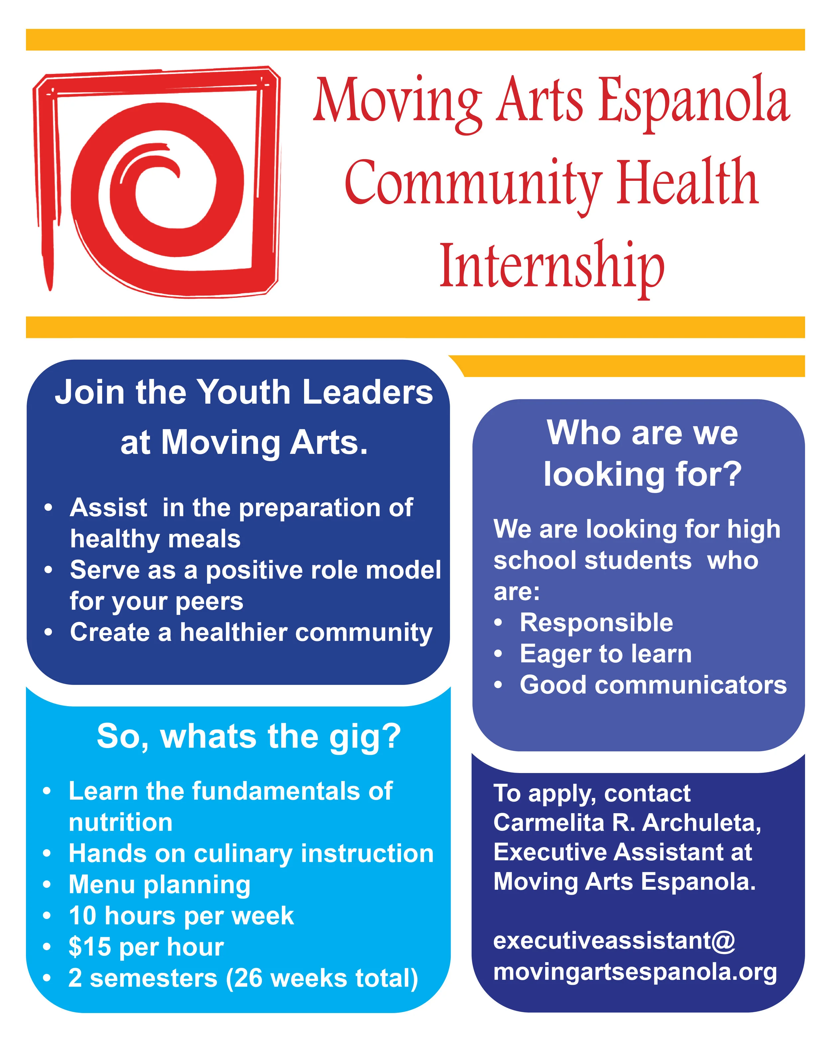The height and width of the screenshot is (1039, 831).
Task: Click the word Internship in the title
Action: coord(551,267)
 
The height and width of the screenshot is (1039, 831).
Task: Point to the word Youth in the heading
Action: coord(244,392)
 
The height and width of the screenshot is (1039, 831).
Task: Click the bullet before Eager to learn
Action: coord(498,654)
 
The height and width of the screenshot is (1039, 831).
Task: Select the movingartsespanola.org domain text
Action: coord(635,972)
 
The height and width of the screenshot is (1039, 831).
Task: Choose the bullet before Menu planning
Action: coord(47,885)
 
